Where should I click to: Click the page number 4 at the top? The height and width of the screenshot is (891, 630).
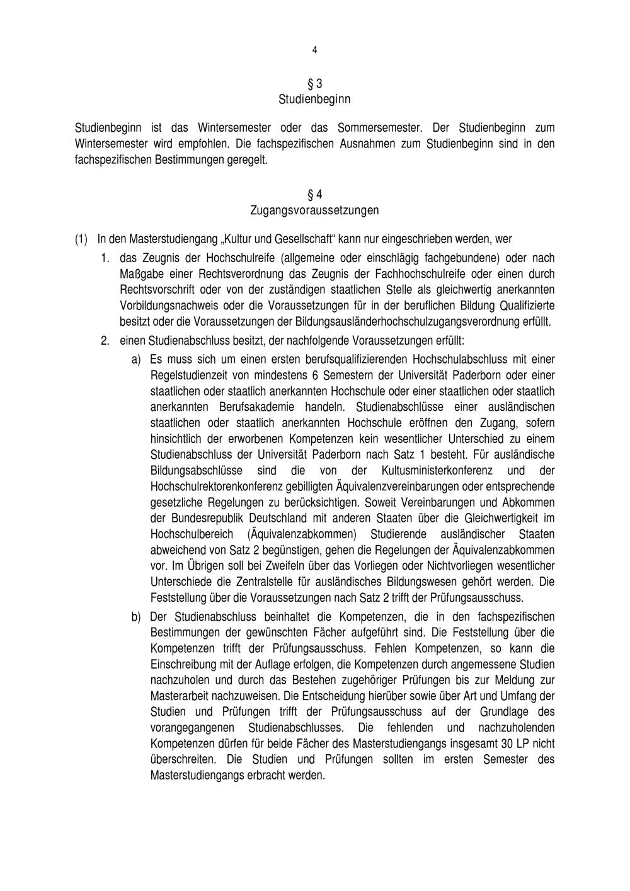pos(314,50)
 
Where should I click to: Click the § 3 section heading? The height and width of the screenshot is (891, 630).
pos(314,83)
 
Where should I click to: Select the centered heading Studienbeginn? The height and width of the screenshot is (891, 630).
pos(314,100)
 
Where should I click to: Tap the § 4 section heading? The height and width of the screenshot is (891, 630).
pos(314,193)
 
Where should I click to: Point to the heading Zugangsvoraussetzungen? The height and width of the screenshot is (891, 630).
pos(314,209)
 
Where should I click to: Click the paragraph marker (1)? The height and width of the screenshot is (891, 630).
pos(81,239)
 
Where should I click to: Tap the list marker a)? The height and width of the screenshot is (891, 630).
pos(136,360)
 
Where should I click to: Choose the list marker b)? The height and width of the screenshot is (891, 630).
pos(136,616)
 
